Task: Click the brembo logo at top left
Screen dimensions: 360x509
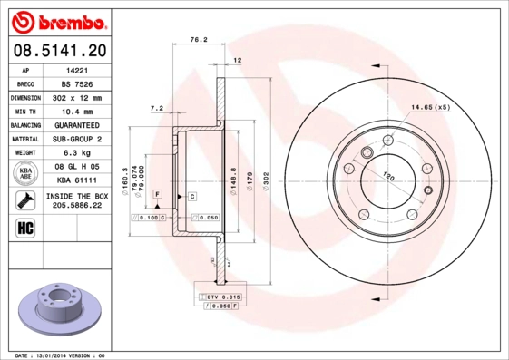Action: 59,20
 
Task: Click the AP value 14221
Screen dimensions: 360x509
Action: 77,69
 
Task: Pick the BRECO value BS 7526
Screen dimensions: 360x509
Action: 77,83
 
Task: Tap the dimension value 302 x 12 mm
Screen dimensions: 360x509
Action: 77,96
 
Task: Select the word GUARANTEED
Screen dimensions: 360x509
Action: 77,124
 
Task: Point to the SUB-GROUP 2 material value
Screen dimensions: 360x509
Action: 77,139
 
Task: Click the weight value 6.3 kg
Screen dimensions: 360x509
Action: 77,152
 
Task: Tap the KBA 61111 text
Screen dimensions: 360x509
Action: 77,180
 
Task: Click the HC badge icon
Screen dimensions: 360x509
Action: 24,227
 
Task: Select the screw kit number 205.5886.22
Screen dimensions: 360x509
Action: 77,206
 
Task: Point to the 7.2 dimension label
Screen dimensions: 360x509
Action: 156,109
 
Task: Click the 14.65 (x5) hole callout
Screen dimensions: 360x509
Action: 431,108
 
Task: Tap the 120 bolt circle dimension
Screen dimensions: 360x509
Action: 387,175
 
